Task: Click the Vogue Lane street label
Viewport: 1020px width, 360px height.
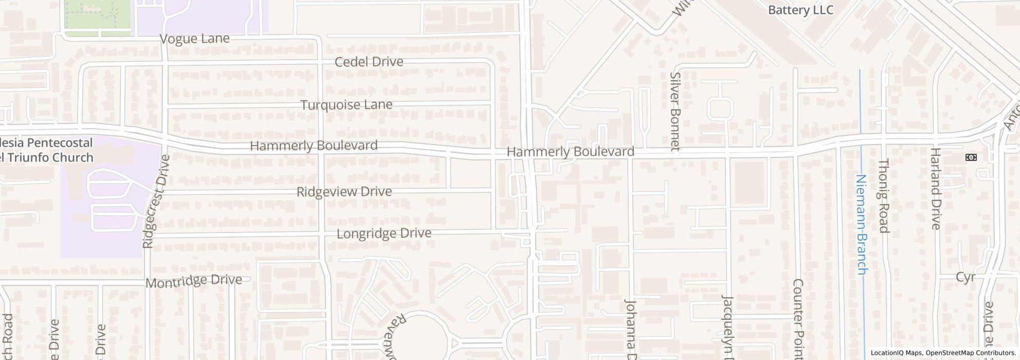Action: [x=194, y=39]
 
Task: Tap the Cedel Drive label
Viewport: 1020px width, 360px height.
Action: [x=369, y=62]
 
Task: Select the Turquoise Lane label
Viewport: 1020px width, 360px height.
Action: [x=346, y=105]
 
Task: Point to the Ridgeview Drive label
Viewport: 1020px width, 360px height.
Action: [x=344, y=192]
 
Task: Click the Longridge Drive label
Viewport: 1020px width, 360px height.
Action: [x=384, y=233]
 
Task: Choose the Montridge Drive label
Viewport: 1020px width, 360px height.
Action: [x=194, y=281]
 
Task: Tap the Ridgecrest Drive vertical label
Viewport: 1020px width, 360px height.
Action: [x=149, y=202]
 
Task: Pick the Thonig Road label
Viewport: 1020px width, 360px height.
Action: [x=883, y=196]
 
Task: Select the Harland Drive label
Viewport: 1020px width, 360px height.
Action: [x=935, y=189]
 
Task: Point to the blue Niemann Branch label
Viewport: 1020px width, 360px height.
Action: [x=862, y=225]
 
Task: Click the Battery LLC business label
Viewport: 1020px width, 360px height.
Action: [x=800, y=10]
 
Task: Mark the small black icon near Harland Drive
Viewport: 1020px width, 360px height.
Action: [x=972, y=157]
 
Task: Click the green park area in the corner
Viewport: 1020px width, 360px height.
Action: [x=97, y=15]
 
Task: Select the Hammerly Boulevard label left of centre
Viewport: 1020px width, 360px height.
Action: [x=314, y=146]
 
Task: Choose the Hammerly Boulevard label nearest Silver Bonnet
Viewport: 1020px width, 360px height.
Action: [x=570, y=152]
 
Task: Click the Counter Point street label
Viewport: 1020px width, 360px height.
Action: [x=798, y=319]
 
